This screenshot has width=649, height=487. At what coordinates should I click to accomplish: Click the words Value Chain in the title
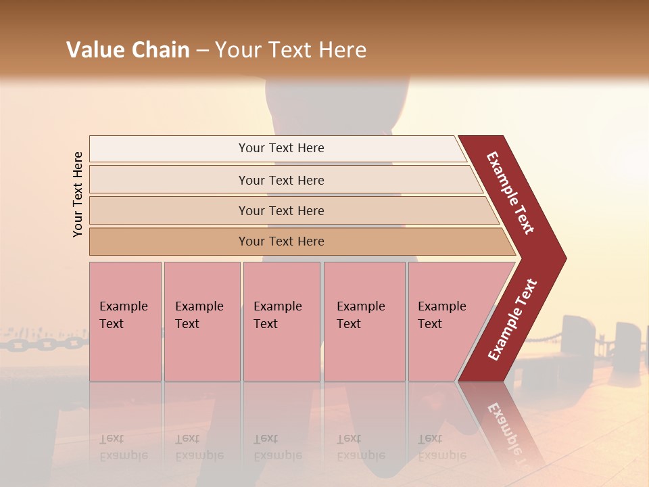pos(128,50)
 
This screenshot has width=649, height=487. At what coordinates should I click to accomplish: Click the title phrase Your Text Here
pos(291,50)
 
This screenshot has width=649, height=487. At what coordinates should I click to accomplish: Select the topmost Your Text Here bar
pos(281,148)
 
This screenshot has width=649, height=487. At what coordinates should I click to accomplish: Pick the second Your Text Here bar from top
pos(281,180)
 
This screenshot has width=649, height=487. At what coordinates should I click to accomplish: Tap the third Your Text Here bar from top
pos(281,210)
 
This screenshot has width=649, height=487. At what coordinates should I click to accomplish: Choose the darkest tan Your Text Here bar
pos(281,241)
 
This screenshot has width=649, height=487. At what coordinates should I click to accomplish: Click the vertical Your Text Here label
pos(78,194)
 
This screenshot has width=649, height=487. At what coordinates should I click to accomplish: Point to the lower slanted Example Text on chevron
pos(512,319)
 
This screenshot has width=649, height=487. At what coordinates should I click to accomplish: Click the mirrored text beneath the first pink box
pos(124,447)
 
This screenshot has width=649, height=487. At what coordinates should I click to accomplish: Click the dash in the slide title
pos(202,51)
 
